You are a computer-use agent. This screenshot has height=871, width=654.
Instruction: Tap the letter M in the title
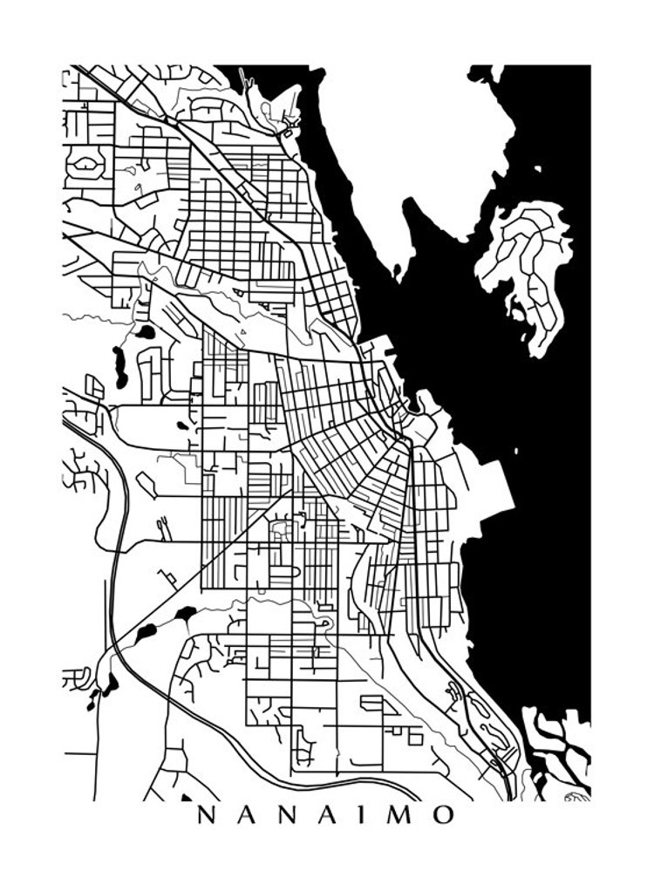401,815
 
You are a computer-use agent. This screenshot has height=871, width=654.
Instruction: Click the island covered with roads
527,262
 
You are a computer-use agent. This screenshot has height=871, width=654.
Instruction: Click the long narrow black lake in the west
119,367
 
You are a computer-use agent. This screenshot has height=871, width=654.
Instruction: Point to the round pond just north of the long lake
145,332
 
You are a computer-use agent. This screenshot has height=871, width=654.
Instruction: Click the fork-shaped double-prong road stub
162,525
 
